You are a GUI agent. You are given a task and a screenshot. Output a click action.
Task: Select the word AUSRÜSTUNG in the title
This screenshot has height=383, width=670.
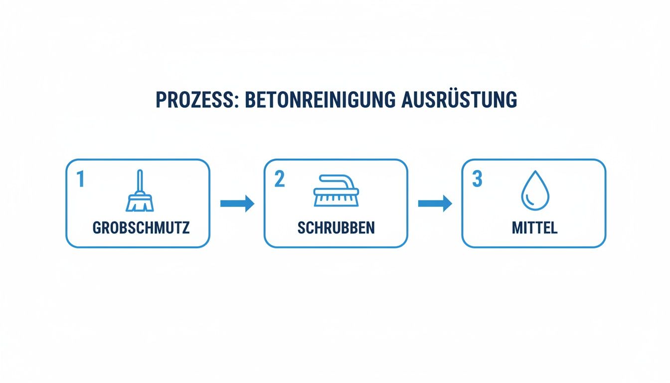point(459,100)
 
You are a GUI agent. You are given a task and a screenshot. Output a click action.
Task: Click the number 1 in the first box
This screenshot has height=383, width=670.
point(80,180)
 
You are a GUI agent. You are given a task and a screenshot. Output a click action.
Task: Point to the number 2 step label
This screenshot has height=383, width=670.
point(279,180)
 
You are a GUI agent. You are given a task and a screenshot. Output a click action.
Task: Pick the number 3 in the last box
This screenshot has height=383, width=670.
point(477,180)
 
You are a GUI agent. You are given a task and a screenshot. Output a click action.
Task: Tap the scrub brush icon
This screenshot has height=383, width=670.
point(335,191)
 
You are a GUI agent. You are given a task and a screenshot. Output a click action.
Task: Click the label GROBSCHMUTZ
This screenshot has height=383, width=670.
point(141,228)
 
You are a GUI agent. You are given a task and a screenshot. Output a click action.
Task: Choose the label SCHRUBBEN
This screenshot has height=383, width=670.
point(336,228)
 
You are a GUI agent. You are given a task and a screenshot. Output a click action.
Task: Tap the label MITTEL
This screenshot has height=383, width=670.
point(534,228)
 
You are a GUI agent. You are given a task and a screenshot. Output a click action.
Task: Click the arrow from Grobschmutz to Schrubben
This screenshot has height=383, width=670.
point(237,203)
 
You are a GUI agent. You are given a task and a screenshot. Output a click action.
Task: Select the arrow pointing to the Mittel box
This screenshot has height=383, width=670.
point(435,203)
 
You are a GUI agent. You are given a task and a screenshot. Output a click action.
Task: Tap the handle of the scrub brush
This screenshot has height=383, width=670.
point(336,179)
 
